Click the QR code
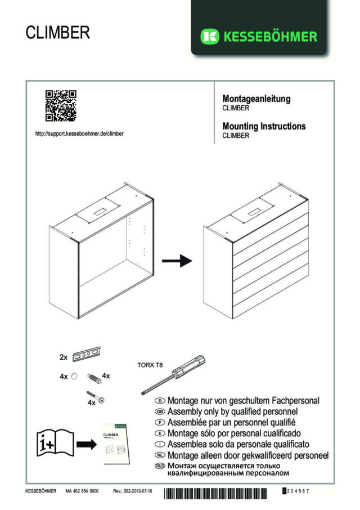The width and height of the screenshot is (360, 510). [60, 106]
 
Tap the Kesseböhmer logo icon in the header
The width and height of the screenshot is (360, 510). [209, 37]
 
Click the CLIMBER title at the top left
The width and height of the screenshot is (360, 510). [57, 33]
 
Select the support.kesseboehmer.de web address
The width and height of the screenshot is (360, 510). [79, 134]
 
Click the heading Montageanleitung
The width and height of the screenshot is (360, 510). [256, 99]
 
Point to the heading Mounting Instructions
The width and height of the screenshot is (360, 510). [264, 126]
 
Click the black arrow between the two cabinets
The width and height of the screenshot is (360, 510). [177, 261]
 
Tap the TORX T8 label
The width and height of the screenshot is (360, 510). [150, 365]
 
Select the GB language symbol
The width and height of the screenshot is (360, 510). [160, 411]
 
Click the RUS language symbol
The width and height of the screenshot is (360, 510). [160, 466]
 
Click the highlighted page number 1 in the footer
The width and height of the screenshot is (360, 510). [285, 491]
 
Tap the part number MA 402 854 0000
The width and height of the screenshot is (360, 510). [82, 491]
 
